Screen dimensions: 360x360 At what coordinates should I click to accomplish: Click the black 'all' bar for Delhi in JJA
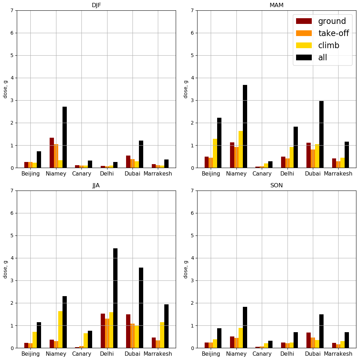tap(115, 298)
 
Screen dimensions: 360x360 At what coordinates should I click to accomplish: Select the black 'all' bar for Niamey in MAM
tap(245, 126)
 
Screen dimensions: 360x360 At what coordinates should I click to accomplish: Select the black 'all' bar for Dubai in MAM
tap(321, 134)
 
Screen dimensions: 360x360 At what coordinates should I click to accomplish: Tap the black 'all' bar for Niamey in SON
tap(245, 327)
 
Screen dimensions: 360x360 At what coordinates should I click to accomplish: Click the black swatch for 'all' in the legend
tap(304, 58)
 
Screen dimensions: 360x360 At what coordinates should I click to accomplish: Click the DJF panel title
tap(96, 5)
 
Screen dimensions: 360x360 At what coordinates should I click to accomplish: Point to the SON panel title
tap(276, 186)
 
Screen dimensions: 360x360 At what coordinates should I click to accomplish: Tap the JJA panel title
tap(96, 186)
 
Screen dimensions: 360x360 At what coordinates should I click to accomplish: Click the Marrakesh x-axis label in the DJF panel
tap(158, 174)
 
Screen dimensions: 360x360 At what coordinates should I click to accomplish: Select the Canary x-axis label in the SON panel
tap(262, 354)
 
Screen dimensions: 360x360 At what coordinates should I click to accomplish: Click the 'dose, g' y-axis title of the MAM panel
tap(186, 89)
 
